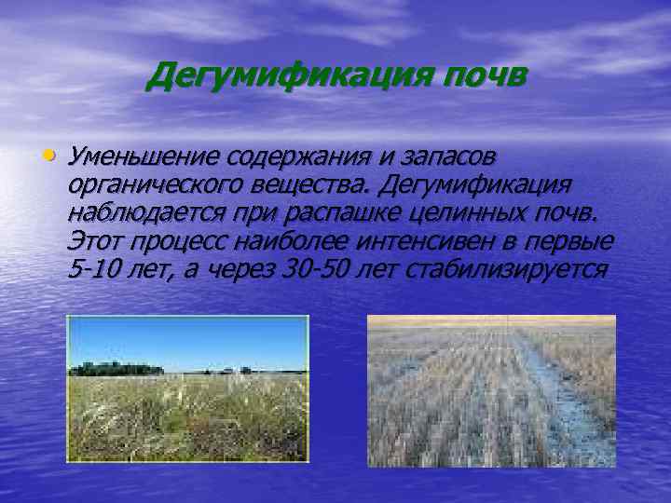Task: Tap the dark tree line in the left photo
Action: (x=116, y=369)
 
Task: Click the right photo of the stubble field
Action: (x=491, y=390)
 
